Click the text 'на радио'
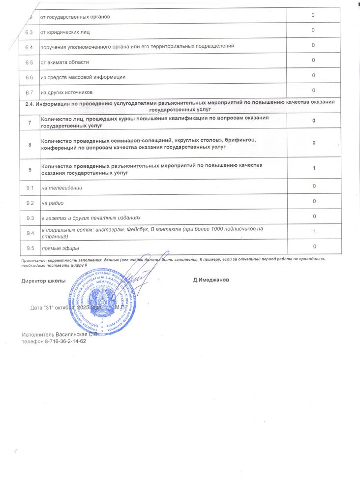click(x=53, y=203)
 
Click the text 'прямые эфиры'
click(x=60, y=248)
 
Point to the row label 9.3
click(x=30, y=217)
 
